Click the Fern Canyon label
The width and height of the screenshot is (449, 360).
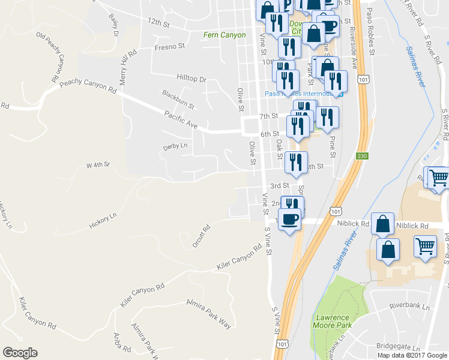coord(224,35)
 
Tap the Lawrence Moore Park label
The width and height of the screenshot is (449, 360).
coord(331,321)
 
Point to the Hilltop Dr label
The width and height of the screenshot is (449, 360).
coord(191,79)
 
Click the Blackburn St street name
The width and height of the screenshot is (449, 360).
coord(178,100)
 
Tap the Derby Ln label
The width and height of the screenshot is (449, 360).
coord(175,146)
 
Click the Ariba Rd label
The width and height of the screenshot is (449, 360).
coord(122,341)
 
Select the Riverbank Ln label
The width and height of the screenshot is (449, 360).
coord(409,306)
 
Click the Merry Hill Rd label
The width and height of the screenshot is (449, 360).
coord(128,67)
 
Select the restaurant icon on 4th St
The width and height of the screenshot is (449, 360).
coord(296,163)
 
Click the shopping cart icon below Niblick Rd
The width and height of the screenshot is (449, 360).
coord(425,246)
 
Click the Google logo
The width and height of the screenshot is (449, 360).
coord(20,353)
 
